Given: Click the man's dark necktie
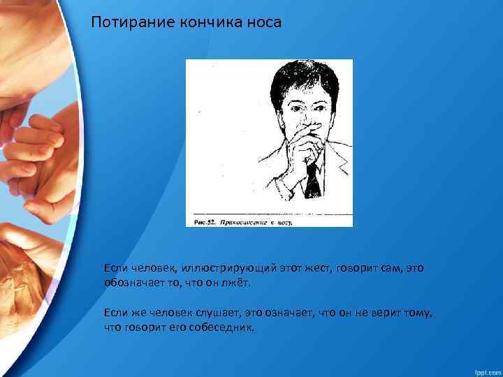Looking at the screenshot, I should pos(312,179).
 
